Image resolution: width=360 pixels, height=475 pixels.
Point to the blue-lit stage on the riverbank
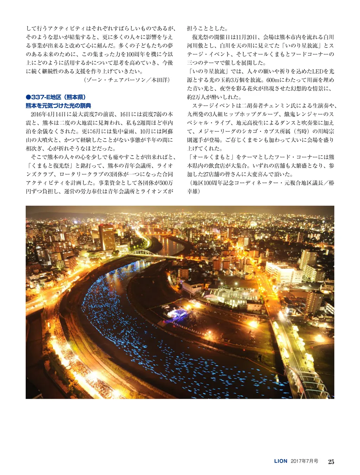[x=177, y=314]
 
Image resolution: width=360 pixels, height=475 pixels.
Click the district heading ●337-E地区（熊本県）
[x=56, y=97]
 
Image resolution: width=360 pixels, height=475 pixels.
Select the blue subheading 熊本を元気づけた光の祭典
[x=58, y=105]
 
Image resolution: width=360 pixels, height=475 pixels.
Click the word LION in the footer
[x=281, y=461]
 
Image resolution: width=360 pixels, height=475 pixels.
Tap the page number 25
[x=331, y=461]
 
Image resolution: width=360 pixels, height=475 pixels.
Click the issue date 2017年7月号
[x=304, y=461]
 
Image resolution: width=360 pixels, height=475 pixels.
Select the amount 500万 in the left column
[x=166, y=183]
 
